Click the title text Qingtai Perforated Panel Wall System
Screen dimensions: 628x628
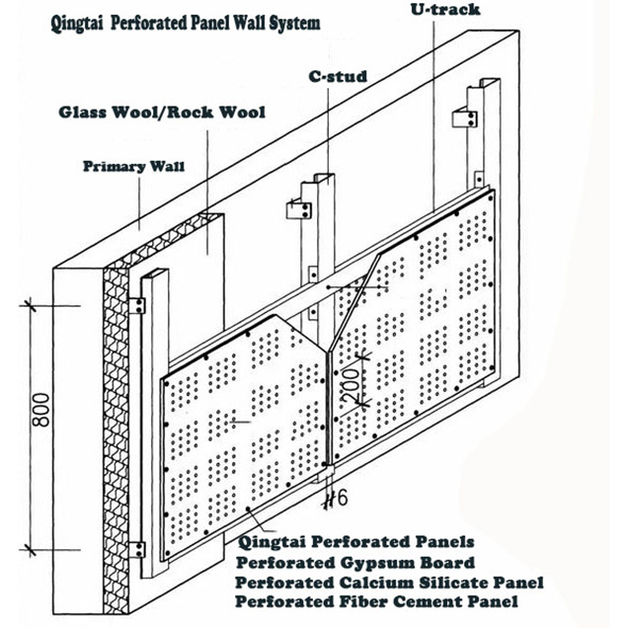point(185,23)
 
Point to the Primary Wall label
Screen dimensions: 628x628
point(122,167)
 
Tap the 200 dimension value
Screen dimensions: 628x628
point(348,382)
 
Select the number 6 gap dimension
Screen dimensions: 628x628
point(335,500)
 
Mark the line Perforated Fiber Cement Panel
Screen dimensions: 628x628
point(376,601)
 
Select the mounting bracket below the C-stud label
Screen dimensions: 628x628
point(295,210)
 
